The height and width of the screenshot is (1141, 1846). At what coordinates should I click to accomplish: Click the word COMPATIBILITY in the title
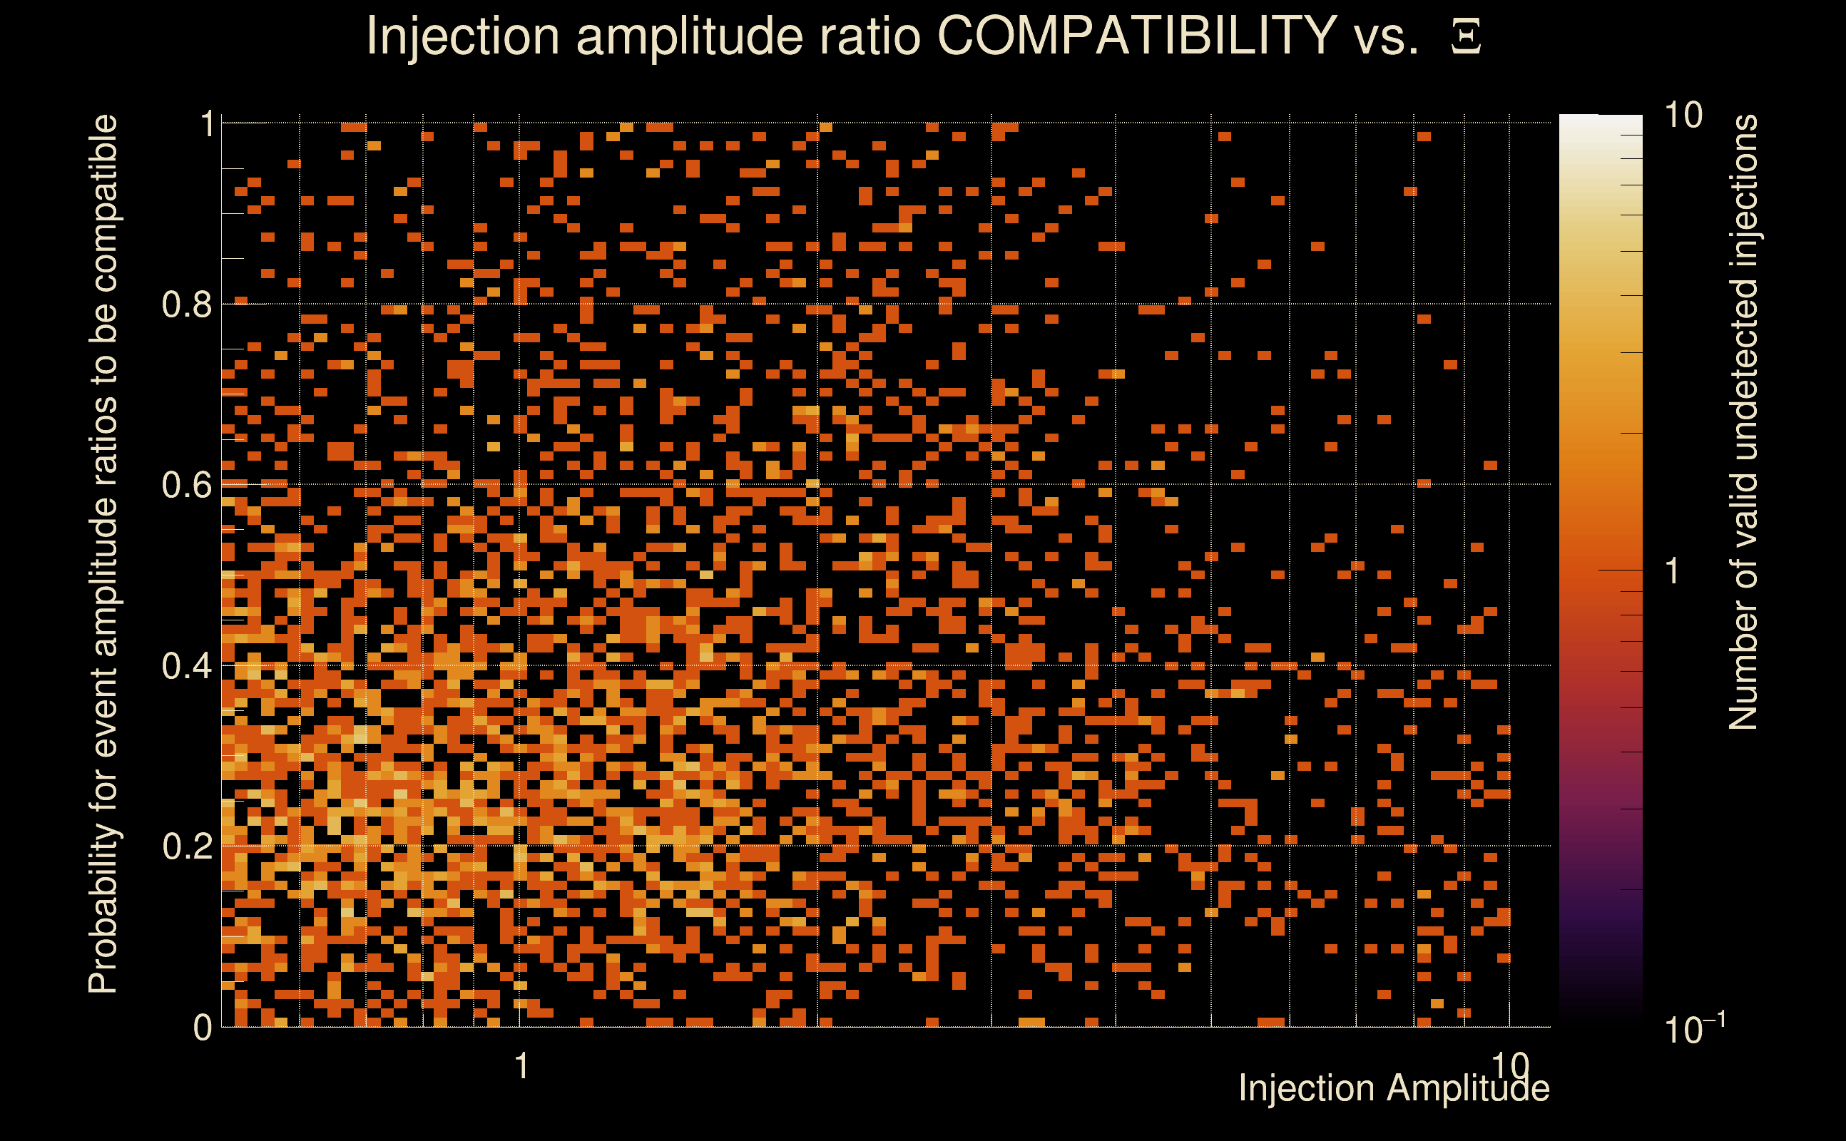1136,36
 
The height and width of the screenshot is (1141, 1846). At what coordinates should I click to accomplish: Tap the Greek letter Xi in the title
1466,37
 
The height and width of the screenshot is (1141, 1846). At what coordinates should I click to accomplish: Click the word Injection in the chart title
462,36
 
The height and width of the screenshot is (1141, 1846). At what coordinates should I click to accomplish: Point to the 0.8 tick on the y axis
187,305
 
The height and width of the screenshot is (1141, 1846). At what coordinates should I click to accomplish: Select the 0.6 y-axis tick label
187,485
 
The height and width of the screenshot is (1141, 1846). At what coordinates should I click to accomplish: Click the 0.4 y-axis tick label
187,666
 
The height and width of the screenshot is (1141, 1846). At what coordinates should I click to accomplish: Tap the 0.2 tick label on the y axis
187,846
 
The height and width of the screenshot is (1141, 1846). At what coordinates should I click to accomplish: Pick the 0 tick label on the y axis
203,1028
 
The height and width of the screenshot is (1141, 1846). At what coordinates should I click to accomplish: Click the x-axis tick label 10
1509,1065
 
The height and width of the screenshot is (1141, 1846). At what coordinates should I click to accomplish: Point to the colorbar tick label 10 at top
1683,116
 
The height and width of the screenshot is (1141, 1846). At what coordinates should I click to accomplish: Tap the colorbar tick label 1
1673,571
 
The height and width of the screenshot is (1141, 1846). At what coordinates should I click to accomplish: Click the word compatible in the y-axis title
103,204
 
